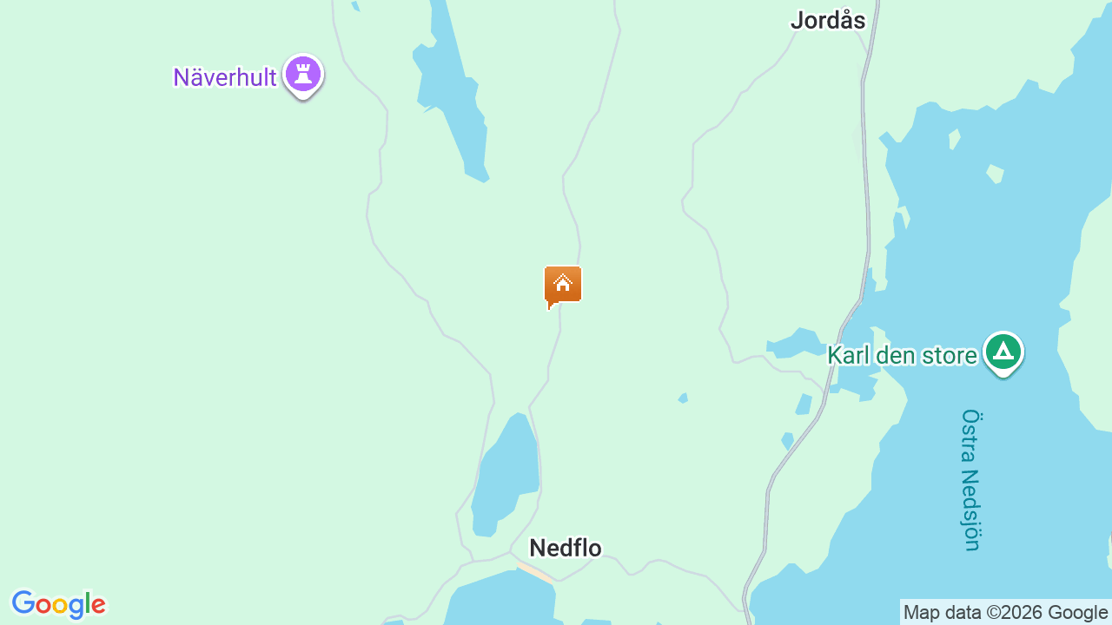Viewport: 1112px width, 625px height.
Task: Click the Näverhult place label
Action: click(x=225, y=77)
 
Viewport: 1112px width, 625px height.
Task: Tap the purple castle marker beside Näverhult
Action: click(x=303, y=75)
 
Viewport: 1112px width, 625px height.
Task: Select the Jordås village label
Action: click(x=828, y=21)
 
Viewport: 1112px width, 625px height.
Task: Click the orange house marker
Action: click(x=563, y=285)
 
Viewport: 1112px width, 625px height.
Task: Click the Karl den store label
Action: click(x=902, y=355)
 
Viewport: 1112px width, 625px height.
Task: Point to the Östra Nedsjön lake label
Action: click(x=971, y=479)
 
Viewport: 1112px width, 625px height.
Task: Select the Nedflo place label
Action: click(x=566, y=548)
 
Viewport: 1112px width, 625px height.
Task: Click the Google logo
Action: click(x=58, y=604)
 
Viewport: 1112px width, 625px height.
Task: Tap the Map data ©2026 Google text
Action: click(x=1005, y=612)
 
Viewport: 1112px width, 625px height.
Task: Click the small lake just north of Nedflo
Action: click(x=506, y=473)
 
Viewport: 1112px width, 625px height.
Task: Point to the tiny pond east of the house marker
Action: click(x=684, y=398)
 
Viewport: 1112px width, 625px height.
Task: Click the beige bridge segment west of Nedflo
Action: click(x=535, y=572)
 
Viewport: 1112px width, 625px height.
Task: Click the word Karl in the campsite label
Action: click(x=848, y=355)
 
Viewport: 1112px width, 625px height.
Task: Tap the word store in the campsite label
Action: click(x=949, y=355)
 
